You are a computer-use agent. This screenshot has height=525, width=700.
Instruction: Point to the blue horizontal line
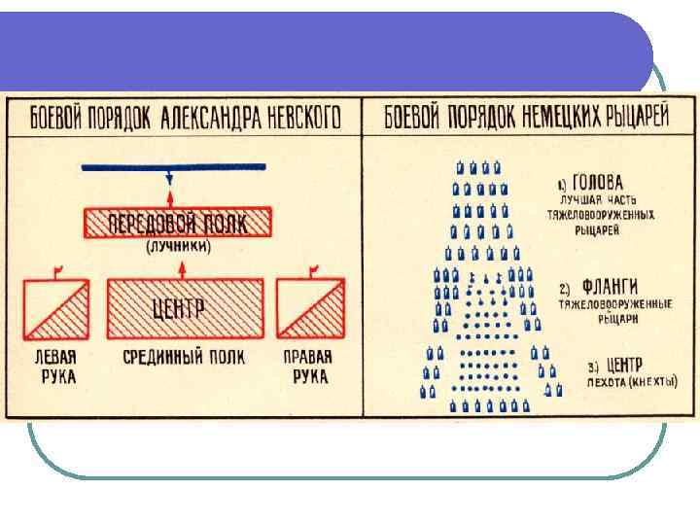click(x=175, y=168)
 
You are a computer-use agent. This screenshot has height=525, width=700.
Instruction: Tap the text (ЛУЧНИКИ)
click(x=178, y=248)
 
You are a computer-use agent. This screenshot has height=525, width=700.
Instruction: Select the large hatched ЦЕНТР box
click(x=182, y=309)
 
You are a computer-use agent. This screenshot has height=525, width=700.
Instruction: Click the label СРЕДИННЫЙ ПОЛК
click(x=184, y=357)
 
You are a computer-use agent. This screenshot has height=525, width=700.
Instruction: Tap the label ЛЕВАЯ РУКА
click(x=52, y=367)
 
